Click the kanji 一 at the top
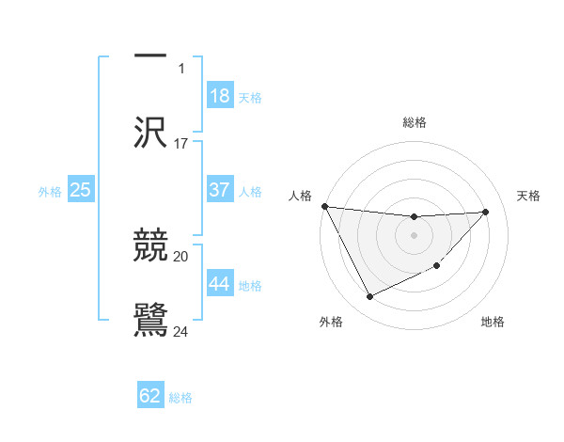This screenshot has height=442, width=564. point(150,55)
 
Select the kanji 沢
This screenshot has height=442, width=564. point(150,132)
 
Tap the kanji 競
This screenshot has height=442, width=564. point(150,245)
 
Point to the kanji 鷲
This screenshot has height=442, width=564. point(150,320)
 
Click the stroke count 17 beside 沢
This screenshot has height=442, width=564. point(180,144)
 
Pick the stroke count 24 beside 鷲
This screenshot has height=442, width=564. point(180,332)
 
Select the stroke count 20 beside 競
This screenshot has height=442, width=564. point(180,257)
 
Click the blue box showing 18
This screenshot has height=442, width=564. point(220,95)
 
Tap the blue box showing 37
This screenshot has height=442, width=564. point(220,189)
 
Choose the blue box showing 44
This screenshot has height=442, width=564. point(220,282)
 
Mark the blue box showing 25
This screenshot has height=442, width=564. point(81,189)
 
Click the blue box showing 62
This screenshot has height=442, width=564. point(150,394)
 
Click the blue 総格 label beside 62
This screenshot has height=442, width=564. point(180,398)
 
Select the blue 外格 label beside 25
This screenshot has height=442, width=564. point(50,192)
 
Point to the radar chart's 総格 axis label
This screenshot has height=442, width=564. point(415,122)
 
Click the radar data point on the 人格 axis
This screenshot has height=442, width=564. point(325,206)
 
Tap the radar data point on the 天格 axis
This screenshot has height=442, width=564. point(485,212)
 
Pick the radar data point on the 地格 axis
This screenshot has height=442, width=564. point(437,265)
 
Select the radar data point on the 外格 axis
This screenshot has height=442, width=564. point(369,296)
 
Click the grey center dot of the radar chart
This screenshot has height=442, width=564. point(414,235)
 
